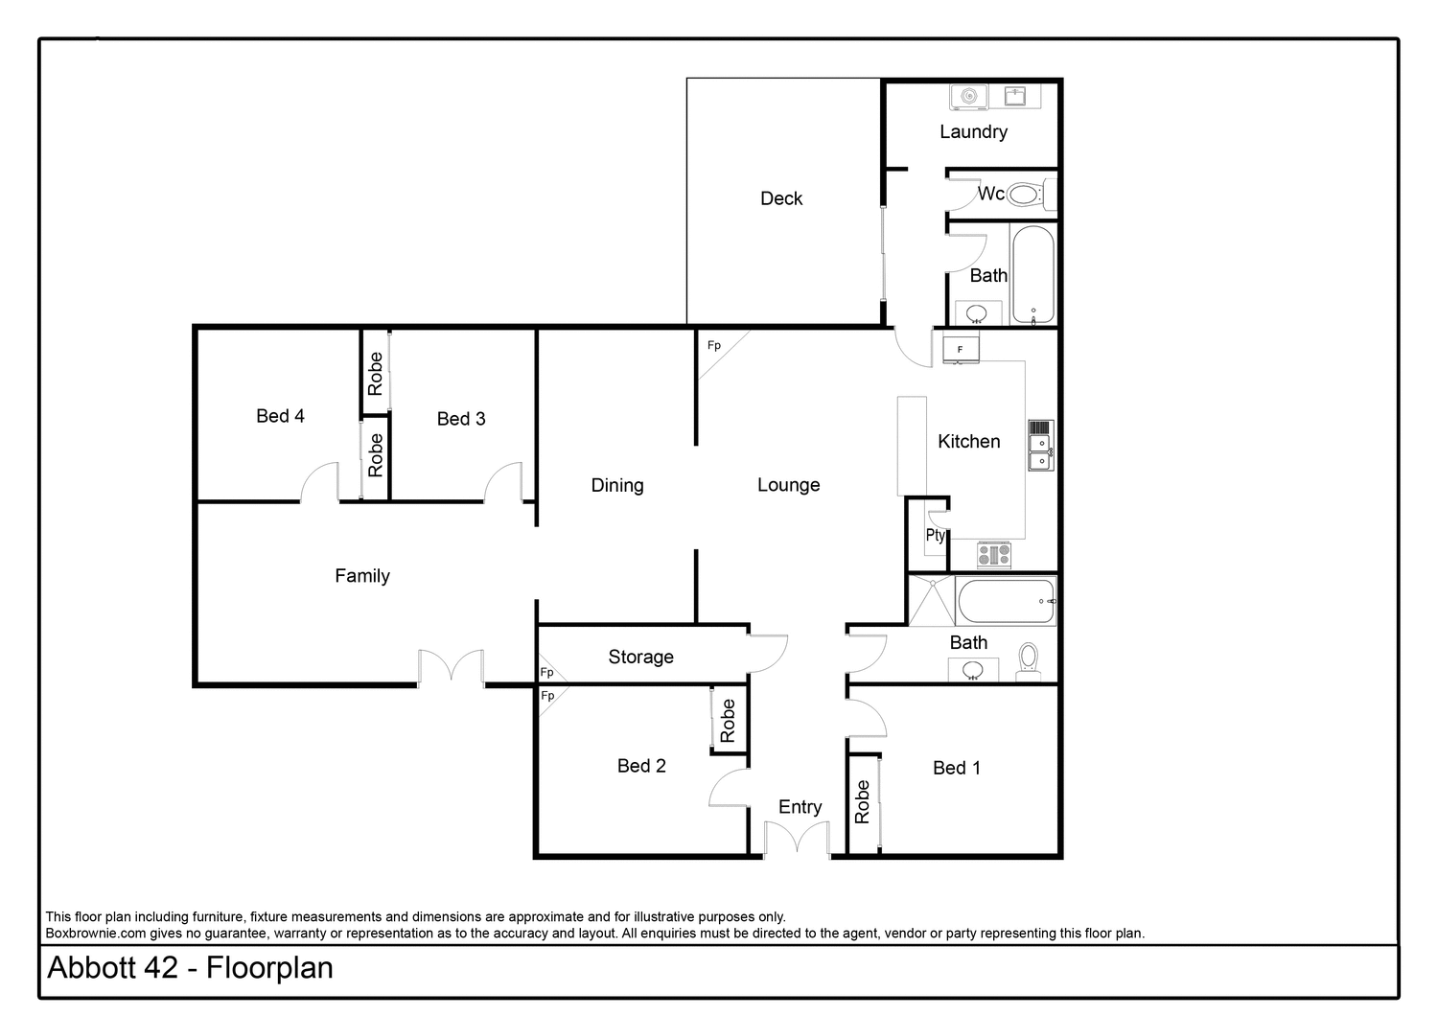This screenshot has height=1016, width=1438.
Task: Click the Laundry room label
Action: (973, 132)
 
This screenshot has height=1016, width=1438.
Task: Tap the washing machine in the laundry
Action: (969, 96)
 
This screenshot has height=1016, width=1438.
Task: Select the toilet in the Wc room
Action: (1025, 196)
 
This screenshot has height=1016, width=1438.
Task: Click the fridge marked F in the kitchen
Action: (961, 350)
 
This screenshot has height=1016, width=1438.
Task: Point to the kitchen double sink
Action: (1039, 448)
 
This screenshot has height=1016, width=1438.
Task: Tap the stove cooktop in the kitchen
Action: (993, 555)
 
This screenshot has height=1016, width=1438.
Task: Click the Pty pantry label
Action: (935, 536)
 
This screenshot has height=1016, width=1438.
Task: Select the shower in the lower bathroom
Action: (929, 600)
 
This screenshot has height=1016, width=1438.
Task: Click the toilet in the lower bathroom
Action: (1028, 659)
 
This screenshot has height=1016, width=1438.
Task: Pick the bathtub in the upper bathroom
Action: (1032, 275)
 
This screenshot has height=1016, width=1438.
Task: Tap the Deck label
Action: (781, 198)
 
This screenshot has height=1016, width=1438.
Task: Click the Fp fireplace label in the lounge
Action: (713, 346)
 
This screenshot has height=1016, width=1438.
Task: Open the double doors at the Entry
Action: (797, 840)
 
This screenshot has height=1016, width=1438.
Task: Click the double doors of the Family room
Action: (451, 667)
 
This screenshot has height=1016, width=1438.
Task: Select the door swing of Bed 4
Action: (319, 483)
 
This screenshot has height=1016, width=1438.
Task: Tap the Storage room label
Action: (640, 658)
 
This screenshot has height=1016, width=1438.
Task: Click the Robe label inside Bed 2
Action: (728, 721)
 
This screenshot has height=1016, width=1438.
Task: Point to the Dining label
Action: (617, 486)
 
